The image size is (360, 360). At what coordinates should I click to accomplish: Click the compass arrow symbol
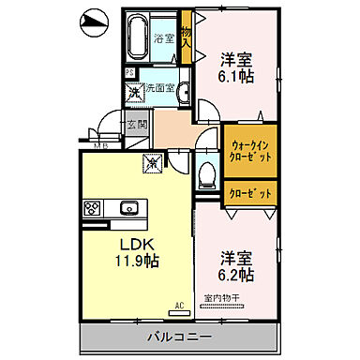(94, 20)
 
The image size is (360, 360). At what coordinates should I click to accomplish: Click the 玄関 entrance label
(136, 125)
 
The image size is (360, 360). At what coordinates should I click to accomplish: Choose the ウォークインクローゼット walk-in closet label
(250, 150)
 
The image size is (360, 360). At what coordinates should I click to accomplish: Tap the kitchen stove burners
(95, 208)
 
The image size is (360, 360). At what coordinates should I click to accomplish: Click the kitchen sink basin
(130, 207)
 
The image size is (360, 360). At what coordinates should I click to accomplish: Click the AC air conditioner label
(178, 305)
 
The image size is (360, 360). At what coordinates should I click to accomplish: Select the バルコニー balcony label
(178, 335)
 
